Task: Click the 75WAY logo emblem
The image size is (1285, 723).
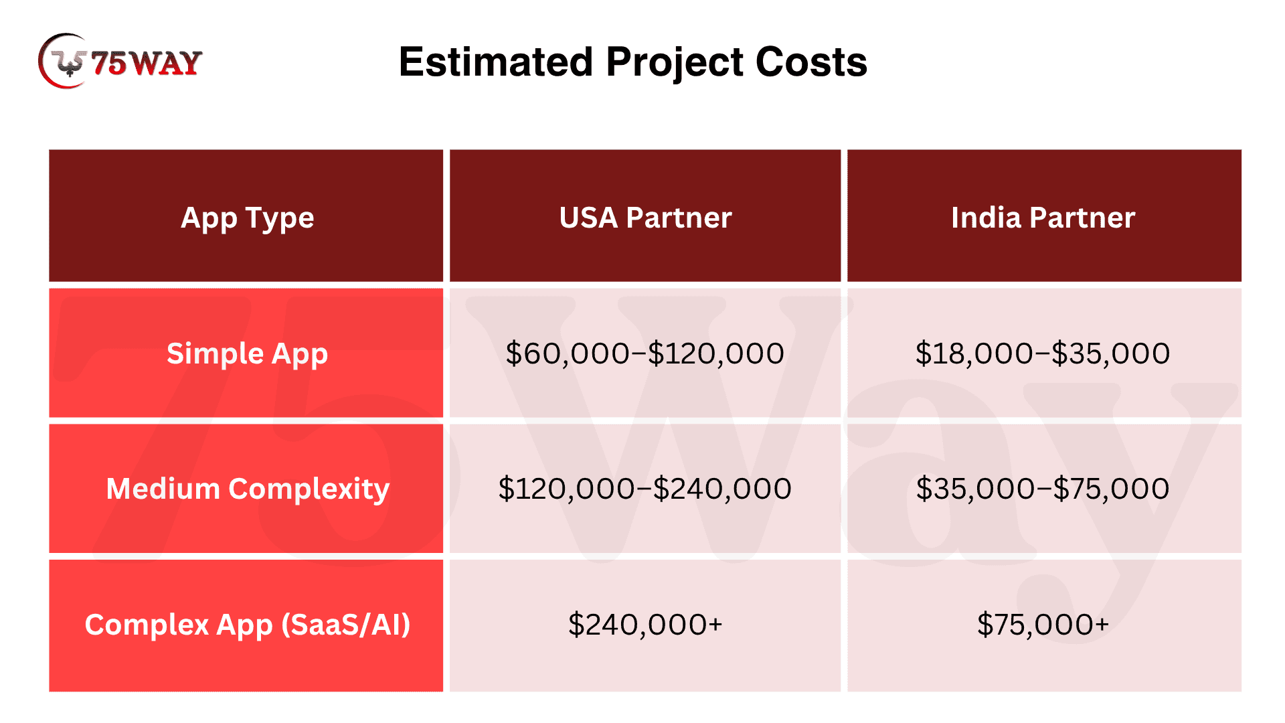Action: (x=64, y=61)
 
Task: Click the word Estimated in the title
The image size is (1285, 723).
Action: (x=496, y=62)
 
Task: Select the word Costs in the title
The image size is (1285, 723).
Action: (x=811, y=62)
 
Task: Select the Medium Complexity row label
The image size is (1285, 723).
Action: (x=248, y=489)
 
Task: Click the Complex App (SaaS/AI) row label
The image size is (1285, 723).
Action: (x=247, y=625)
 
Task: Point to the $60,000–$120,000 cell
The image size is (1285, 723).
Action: (x=645, y=353)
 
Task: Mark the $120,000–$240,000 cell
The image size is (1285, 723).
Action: (x=645, y=488)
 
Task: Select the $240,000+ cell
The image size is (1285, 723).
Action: (x=645, y=624)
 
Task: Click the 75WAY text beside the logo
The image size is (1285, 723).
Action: (x=147, y=64)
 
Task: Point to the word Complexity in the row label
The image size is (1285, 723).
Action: (x=309, y=489)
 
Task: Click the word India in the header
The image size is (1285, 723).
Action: (x=986, y=218)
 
